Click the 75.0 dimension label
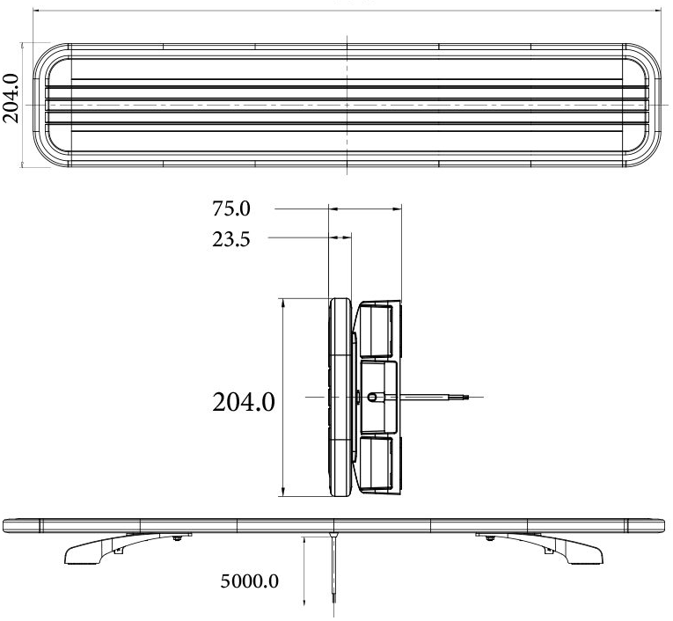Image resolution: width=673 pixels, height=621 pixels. pos(231,209)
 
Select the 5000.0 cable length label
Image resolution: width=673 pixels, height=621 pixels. pos(249,581)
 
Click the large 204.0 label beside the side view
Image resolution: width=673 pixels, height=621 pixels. pos(244,403)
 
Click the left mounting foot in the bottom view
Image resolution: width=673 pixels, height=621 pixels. pos(97,550)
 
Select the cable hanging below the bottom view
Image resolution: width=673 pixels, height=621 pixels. pos(334,572)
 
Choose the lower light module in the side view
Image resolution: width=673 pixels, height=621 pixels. pos(377,465)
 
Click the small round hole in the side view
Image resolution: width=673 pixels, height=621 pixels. pos(375,398)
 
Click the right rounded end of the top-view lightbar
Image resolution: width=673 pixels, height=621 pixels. pos(647,104)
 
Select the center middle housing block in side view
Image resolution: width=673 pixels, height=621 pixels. pos(378,397)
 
